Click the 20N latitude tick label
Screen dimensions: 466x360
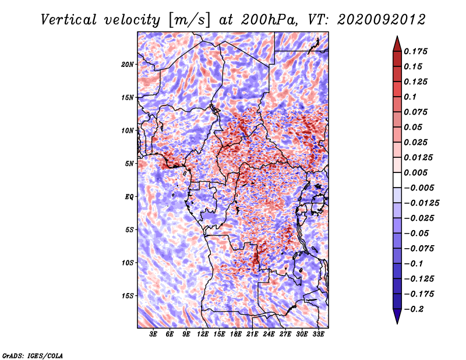(128, 65)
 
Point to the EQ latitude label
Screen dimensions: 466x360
(129, 197)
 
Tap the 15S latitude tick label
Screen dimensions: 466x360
(128, 296)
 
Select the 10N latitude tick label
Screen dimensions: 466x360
(128, 130)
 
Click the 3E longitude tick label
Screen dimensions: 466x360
(153, 334)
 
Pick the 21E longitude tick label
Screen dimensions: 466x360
(252, 334)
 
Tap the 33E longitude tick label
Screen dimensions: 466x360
(318, 334)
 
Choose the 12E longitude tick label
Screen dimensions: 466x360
(203, 334)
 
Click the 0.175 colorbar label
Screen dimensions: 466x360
(415, 51)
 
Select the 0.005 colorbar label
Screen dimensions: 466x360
(415, 172)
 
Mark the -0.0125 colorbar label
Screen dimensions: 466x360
(421, 203)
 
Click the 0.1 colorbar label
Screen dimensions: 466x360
(410, 97)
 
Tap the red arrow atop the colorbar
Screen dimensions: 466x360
(397, 44)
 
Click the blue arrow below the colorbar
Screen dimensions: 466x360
(397, 316)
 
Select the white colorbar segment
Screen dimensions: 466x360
(397, 180)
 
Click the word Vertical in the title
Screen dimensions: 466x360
(69, 20)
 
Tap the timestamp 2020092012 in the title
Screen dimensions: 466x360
(382, 20)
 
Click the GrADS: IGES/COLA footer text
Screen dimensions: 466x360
(33, 356)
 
